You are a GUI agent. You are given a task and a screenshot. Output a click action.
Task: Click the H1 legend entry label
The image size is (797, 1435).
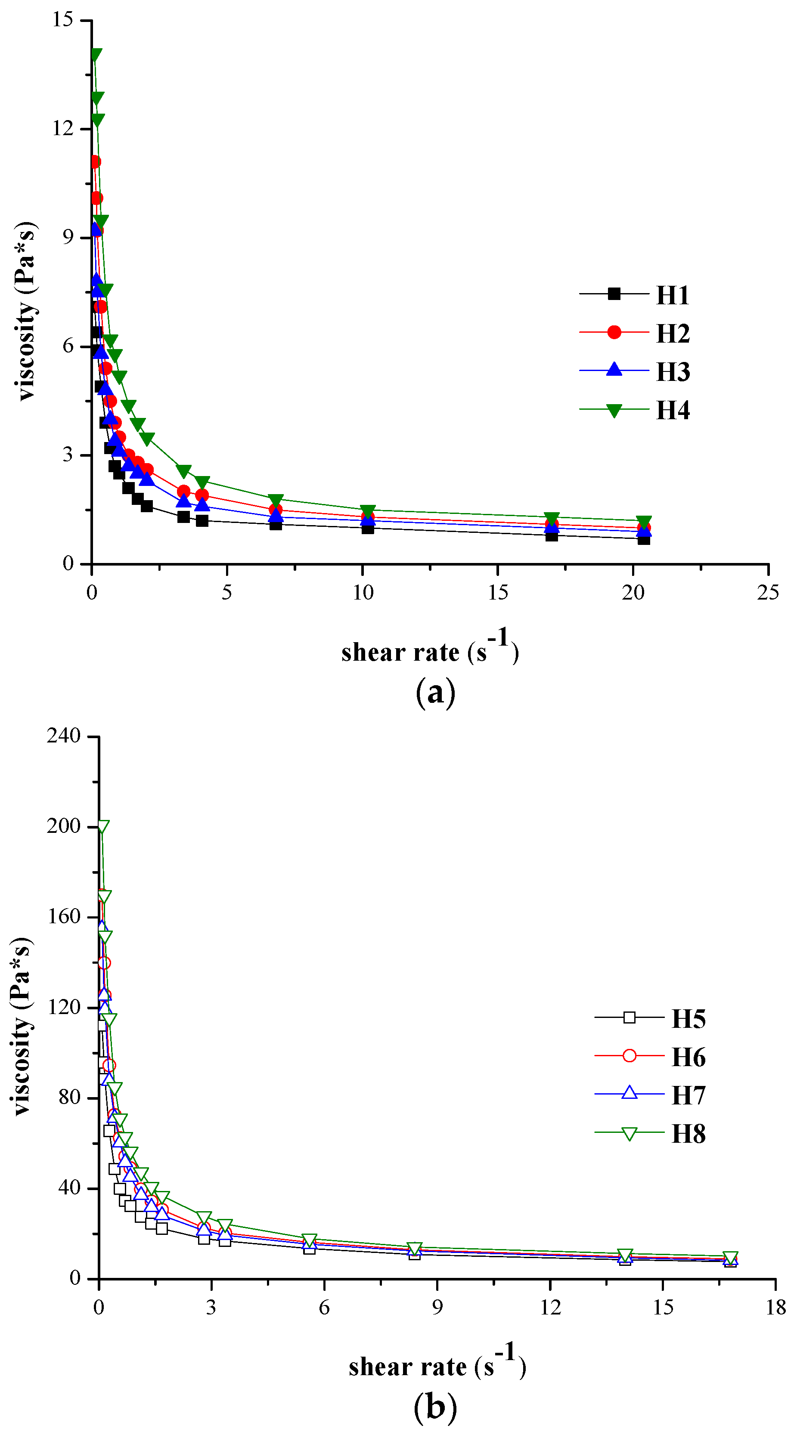(673, 295)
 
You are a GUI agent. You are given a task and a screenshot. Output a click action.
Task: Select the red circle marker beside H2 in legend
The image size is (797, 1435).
(614, 333)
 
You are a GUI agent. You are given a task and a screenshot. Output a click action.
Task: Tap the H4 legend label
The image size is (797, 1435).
(673, 411)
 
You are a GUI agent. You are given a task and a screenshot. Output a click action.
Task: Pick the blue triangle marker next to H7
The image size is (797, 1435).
(629, 1092)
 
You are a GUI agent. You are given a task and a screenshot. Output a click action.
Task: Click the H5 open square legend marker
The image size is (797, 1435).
(629, 1017)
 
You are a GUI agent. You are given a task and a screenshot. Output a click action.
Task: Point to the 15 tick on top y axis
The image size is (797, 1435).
(62, 20)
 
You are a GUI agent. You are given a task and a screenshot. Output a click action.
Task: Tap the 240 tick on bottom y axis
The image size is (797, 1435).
(64, 736)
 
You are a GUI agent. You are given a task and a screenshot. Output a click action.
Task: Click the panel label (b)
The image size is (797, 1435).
(435, 1407)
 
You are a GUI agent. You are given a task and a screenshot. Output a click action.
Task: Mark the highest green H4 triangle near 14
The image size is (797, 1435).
(96, 55)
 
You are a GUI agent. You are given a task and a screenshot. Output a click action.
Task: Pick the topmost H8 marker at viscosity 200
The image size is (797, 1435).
(102, 826)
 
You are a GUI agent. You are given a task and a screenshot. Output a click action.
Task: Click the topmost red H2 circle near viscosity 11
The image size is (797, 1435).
(95, 162)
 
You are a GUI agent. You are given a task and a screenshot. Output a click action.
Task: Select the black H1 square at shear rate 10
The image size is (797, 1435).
(367, 528)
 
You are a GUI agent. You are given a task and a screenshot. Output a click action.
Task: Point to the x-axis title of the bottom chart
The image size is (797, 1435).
(437, 1366)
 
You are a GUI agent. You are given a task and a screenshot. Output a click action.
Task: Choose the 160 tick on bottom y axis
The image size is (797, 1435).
(64, 916)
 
